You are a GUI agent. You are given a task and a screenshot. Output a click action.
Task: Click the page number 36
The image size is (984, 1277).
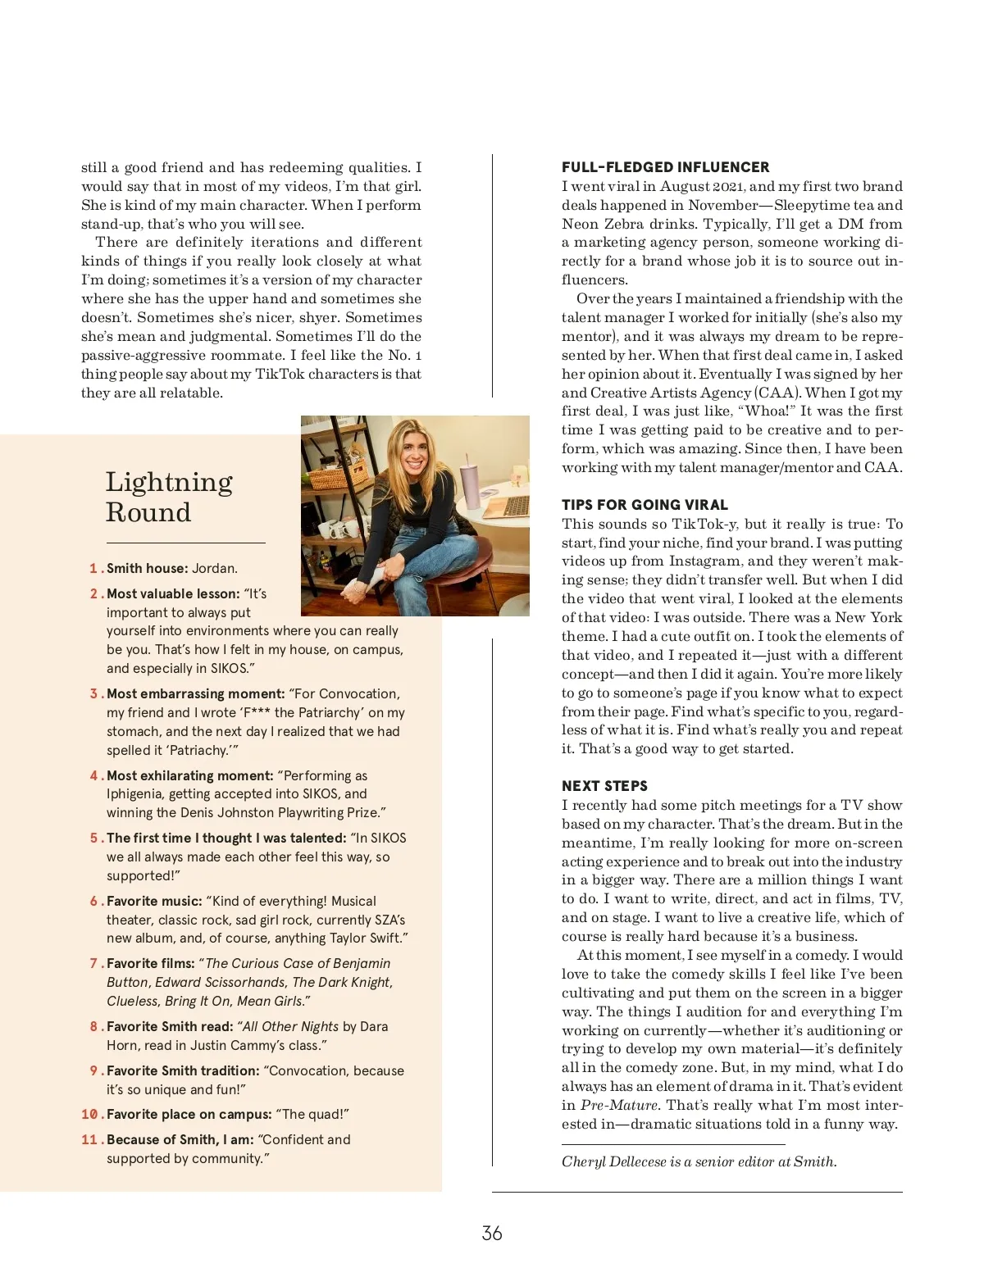pos(492,1233)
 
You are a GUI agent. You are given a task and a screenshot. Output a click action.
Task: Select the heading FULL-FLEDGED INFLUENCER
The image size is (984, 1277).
pos(665,167)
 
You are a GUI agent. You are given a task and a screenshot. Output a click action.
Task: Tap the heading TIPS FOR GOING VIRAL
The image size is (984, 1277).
pos(645,505)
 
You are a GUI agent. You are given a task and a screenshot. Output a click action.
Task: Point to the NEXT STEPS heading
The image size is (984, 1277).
pos(604,786)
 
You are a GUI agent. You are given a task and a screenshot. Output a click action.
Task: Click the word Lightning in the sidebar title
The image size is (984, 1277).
pos(169,482)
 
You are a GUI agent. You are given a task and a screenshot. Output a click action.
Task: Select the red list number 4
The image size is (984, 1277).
pos(94,775)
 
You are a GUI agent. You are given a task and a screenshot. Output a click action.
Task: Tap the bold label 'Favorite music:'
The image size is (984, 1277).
pos(154,901)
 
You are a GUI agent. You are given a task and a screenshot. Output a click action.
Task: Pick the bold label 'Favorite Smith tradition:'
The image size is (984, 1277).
pos(183,1070)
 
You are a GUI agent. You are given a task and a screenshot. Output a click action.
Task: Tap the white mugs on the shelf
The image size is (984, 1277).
pos(338,525)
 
